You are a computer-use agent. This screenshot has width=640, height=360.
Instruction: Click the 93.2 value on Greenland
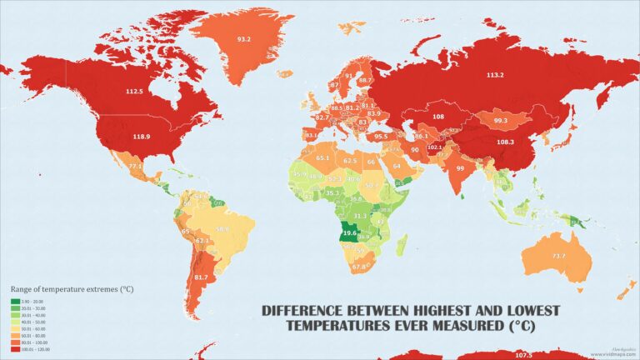coord(244,39)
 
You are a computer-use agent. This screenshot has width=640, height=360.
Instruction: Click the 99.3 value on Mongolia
coord(499,121)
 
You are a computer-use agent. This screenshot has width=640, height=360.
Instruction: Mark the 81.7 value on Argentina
coord(201,277)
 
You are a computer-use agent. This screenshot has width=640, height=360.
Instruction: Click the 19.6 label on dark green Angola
coord(349,234)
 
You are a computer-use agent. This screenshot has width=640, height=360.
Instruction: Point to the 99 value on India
coord(459,167)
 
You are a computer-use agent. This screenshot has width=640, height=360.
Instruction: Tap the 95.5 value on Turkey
coord(381,136)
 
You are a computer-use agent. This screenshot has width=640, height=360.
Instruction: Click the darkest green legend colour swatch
coord(15,301)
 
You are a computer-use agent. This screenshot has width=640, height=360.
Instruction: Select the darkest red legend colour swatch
coord(15,349)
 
